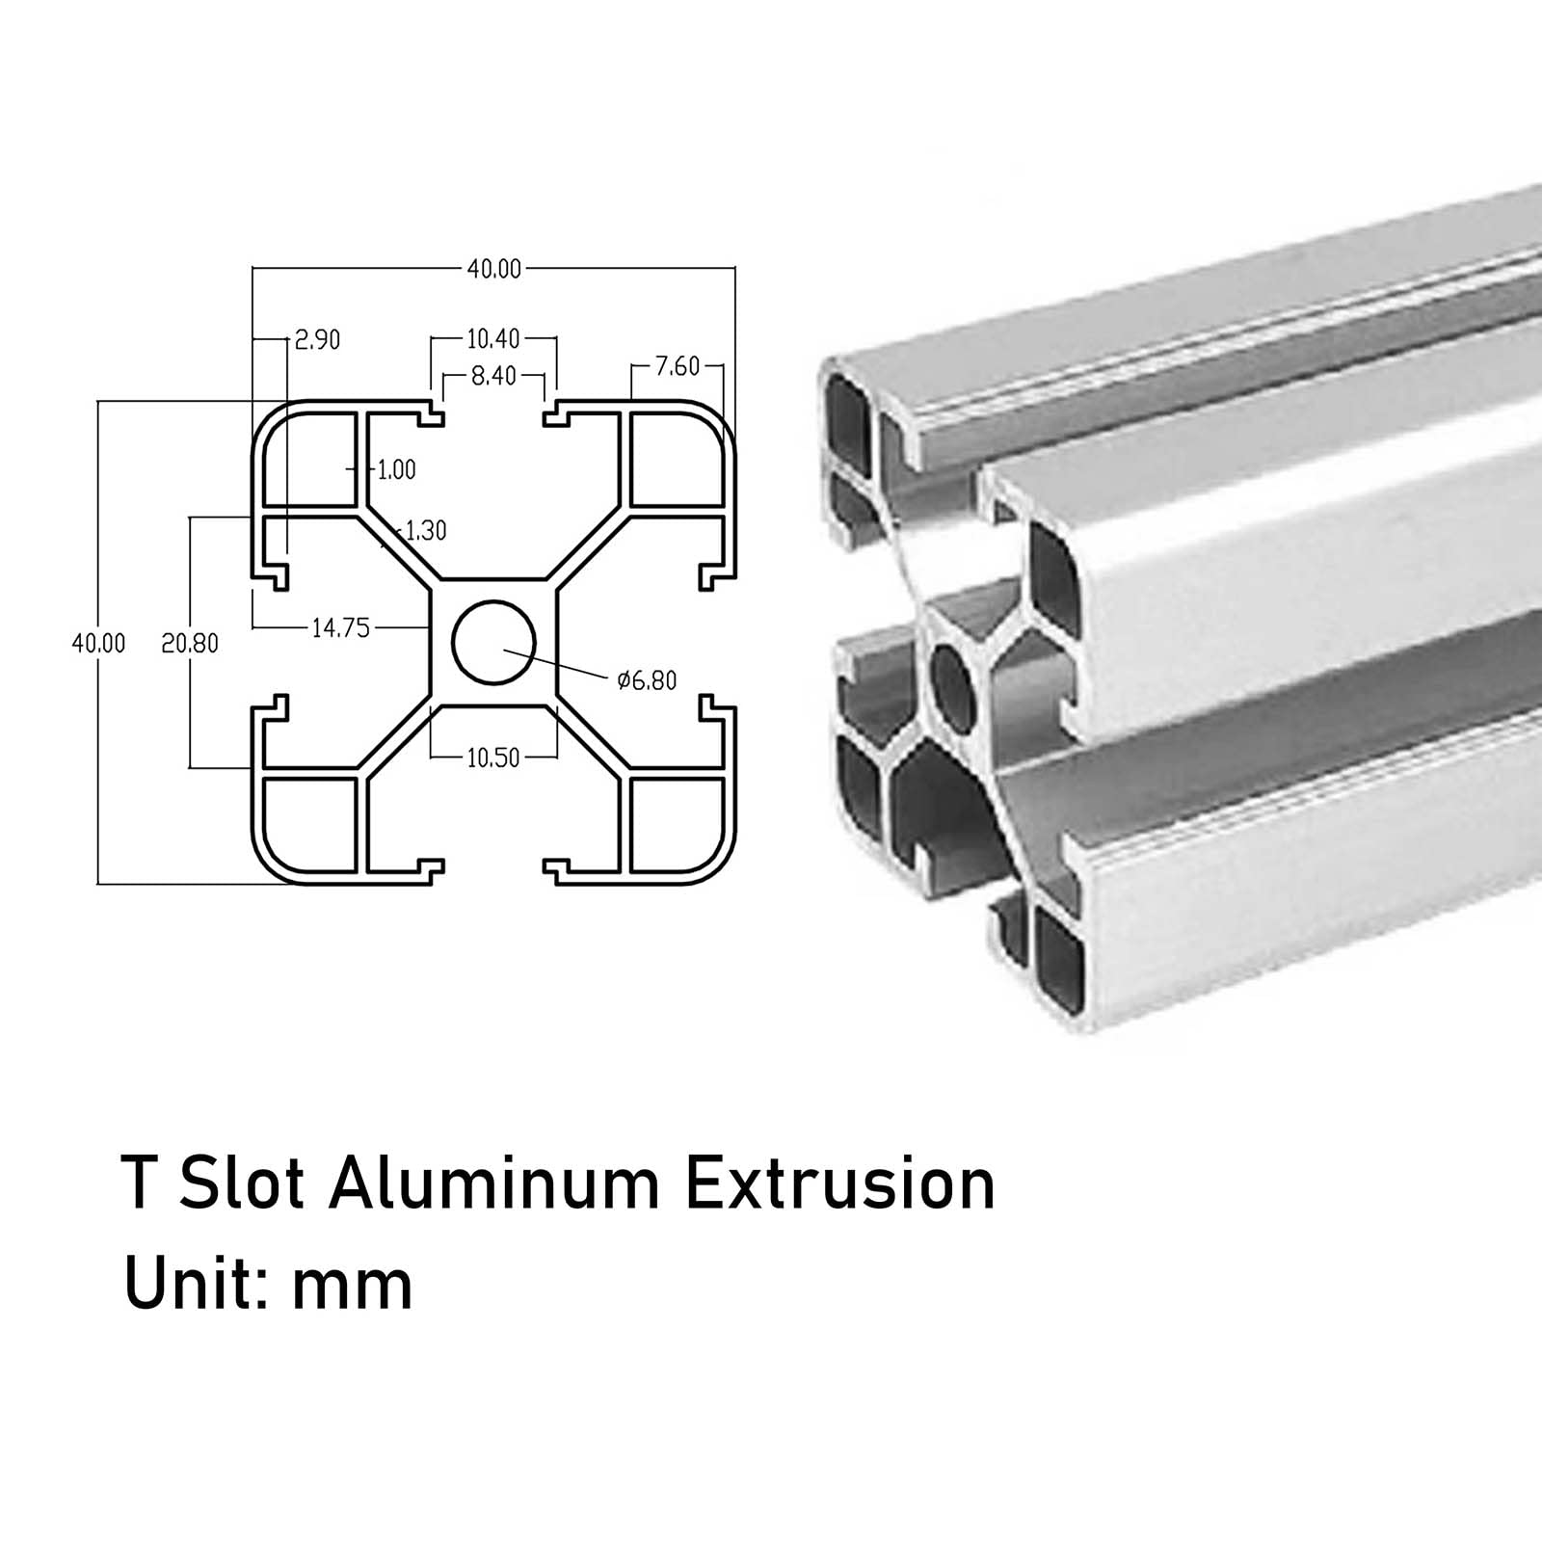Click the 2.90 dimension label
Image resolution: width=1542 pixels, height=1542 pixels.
click(318, 340)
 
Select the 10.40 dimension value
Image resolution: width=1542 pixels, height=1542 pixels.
click(493, 338)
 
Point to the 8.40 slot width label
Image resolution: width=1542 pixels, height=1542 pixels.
click(494, 376)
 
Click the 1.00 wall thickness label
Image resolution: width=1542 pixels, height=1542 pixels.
click(396, 469)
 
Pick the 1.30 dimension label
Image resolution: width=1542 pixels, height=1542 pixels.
click(426, 530)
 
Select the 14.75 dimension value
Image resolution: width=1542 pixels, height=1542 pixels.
click(341, 628)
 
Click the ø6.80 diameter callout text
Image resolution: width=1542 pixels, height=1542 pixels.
click(647, 681)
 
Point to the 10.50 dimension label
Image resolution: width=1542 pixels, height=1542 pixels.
click(493, 758)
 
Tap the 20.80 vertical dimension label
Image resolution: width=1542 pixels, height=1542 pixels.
click(190, 644)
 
